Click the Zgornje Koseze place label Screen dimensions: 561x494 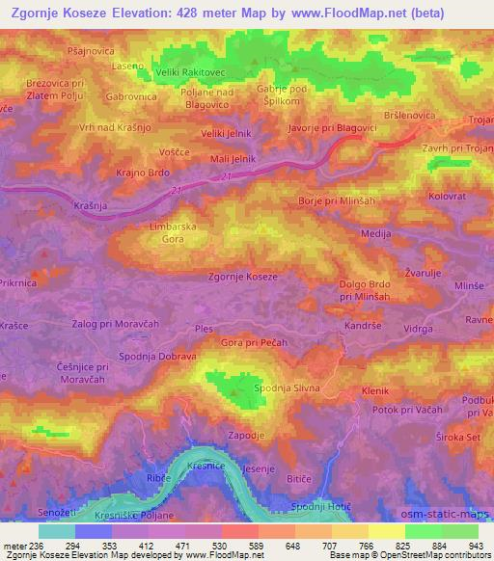coord(243,277)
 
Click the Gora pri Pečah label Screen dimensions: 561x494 coord(255,342)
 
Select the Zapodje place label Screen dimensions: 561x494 coord(246,435)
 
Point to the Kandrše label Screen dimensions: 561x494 coord(364,329)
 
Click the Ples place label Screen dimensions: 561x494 coord(204,329)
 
